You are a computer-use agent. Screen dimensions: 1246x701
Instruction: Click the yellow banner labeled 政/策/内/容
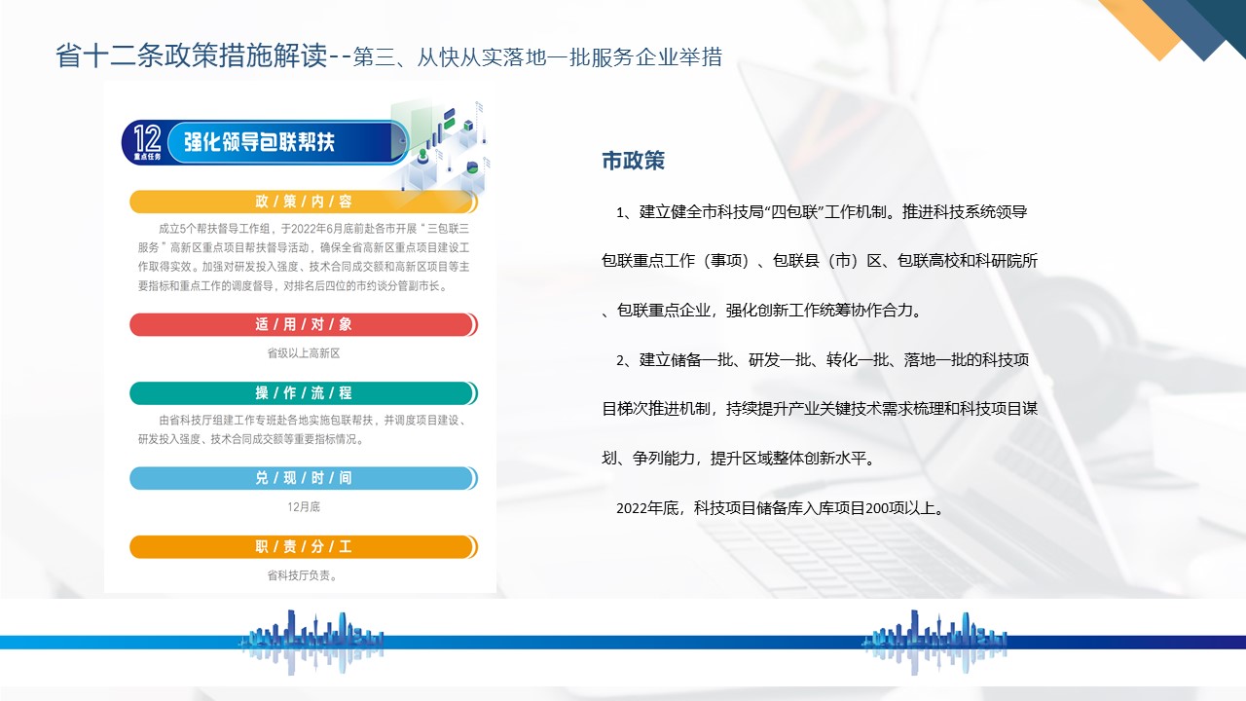click(303, 202)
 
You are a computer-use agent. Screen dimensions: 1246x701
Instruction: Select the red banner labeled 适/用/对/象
click(303, 324)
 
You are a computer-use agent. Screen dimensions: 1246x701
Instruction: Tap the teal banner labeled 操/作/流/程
click(303, 392)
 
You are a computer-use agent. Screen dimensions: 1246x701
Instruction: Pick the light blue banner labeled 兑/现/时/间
click(303, 478)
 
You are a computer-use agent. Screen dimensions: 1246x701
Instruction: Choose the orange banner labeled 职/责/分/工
click(303, 546)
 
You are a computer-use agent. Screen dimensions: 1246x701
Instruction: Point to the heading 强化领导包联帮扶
click(259, 142)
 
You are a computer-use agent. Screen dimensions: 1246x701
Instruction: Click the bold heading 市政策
click(633, 161)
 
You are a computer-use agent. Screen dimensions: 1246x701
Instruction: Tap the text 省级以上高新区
click(303, 353)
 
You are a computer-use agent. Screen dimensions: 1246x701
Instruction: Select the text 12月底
click(303, 507)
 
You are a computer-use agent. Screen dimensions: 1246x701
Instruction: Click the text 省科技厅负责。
click(303, 575)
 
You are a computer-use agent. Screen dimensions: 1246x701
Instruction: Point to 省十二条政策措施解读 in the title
click(192, 56)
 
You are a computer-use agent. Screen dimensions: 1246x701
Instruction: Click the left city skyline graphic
click(311, 642)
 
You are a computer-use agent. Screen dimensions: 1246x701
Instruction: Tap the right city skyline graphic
click(934, 642)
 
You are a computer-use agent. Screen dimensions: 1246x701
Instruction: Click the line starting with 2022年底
click(780, 508)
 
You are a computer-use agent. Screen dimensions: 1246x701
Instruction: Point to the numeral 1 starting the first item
click(620, 212)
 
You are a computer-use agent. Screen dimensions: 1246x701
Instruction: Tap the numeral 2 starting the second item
click(620, 360)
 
